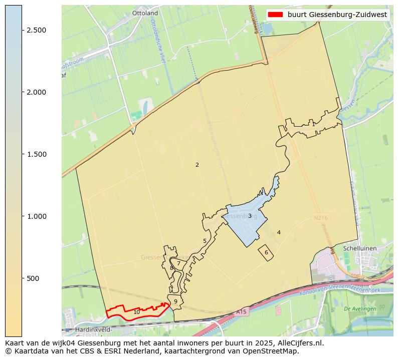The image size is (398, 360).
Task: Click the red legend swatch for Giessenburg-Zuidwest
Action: point(275,15)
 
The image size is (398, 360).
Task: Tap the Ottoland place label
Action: point(145,13)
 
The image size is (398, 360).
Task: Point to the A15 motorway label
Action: point(242,312)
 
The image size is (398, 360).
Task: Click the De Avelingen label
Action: point(360,309)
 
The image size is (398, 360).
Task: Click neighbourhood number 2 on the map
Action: point(197,165)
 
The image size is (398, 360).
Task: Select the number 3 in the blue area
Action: point(250,216)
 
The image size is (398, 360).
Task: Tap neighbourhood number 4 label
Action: point(279,232)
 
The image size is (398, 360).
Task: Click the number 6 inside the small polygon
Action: point(266,252)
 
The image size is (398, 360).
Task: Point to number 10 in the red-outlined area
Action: point(136,312)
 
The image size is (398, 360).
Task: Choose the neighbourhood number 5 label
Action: point(205,241)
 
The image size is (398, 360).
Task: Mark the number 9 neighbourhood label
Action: point(175,301)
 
